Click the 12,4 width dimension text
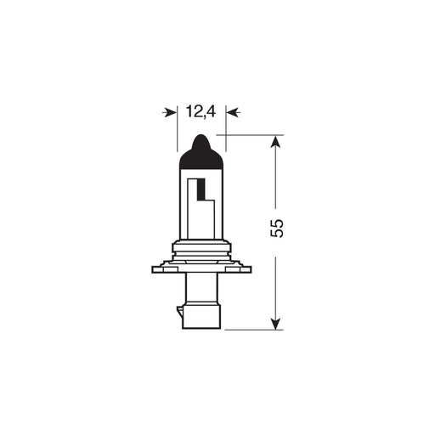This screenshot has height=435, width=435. click(199, 110)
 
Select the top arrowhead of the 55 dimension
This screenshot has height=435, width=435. click(274, 143)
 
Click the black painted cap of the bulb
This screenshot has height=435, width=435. click(201, 153)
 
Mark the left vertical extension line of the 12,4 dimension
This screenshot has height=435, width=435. click(178, 127)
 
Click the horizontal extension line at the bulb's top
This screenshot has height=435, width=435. click(251, 134)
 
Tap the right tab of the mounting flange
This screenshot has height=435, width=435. click(245, 270)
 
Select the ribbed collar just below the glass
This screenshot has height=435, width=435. click(201, 249)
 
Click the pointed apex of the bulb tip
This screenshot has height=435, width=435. click(201, 137)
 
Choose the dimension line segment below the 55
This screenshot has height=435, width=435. click(274, 280)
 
